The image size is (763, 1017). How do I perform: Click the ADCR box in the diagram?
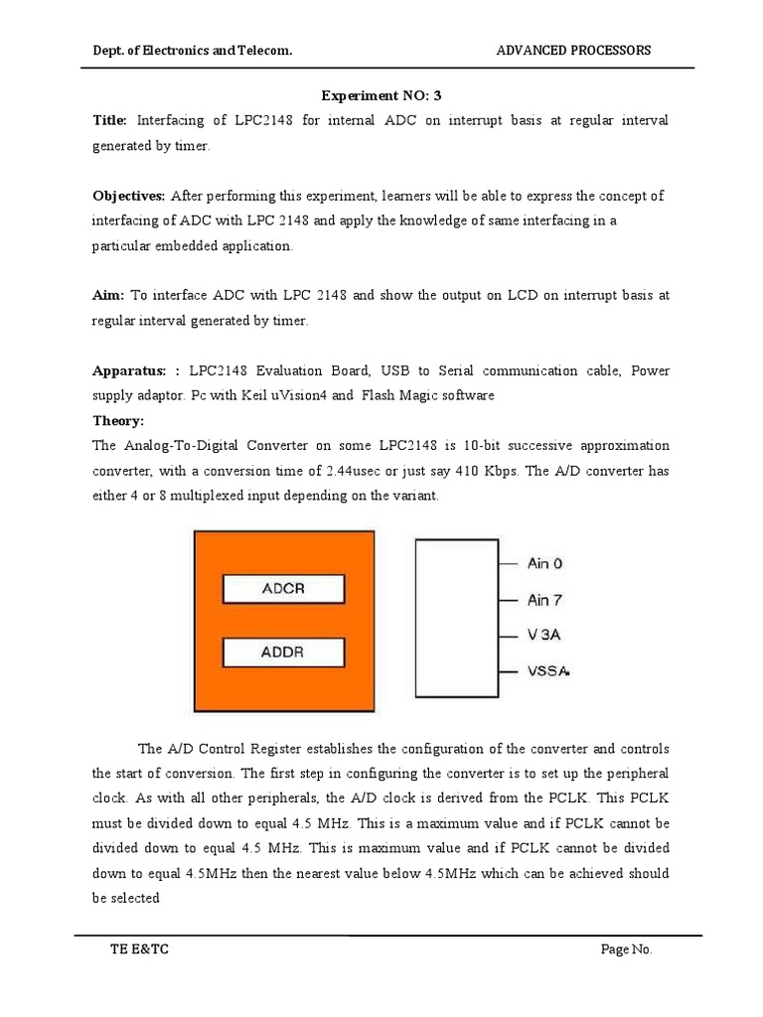pos(283,589)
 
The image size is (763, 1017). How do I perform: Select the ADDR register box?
pos(283,653)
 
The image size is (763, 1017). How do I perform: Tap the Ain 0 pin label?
pos(544,563)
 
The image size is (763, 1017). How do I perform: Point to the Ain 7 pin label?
pos(544,600)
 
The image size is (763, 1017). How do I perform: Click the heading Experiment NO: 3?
pos(381,94)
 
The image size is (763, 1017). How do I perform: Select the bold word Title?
pos(109,120)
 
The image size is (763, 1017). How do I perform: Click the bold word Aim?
pos(107,295)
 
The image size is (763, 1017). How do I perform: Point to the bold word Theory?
pos(118,420)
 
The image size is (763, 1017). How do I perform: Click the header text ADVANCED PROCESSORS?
pos(574,51)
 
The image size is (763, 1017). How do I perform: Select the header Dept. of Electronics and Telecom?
pos(192,51)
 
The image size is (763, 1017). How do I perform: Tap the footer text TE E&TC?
pos(139,949)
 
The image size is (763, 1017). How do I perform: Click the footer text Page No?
pos(627,949)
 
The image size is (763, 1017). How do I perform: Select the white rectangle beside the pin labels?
pos(455,617)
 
